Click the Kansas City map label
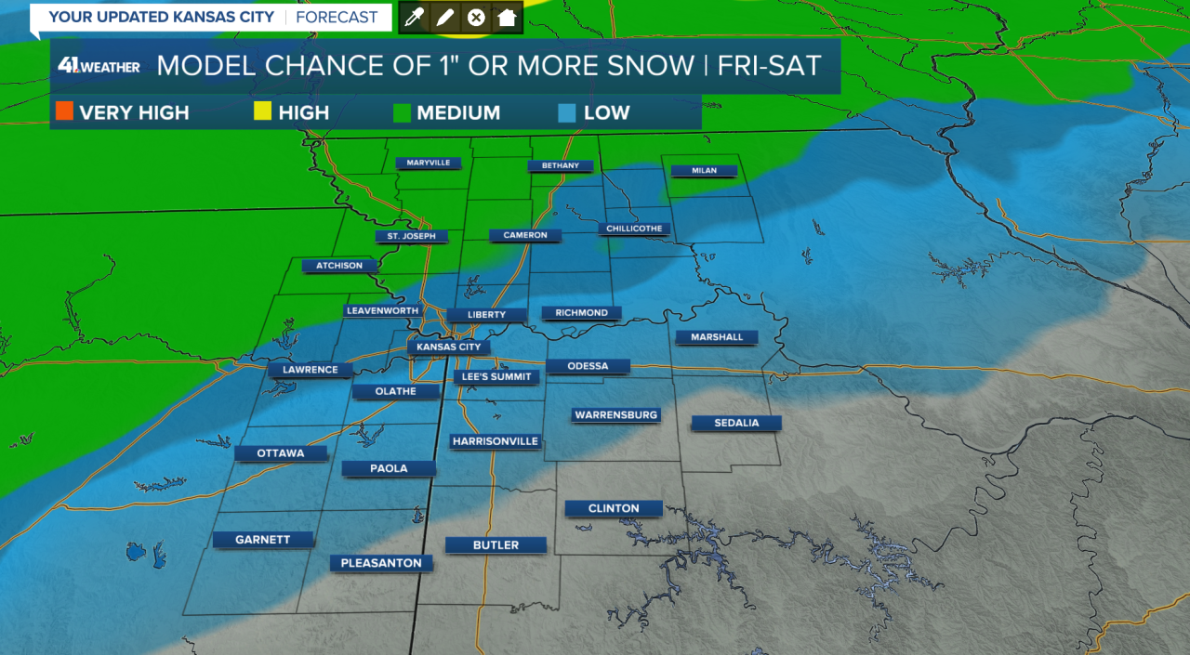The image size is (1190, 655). tap(448, 347)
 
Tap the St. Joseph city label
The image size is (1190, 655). tap(411, 237)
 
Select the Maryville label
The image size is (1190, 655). tap(428, 164)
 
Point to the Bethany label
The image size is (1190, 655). tap(560, 166)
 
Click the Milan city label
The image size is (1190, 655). tap(702, 171)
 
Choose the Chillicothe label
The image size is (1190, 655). tap(634, 229)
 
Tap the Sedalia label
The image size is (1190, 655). tap(736, 423)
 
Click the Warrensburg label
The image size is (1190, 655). tap(615, 415)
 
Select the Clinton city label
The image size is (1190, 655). tap(614, 508)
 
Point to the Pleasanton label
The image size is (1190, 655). tap(381, 563)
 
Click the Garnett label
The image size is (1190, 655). tap(263, 540)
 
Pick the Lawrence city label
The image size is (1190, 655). tap(311, 370)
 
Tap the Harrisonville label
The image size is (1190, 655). tap(496, 441)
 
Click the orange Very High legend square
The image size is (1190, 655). tap(64, 112)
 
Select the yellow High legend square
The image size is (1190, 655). tap(262, 112)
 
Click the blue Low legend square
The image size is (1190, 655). tap(566, 112)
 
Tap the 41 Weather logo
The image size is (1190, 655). tap(99, 66)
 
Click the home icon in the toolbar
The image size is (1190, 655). tap(507, 18)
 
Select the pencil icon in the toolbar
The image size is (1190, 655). tap(445, 18)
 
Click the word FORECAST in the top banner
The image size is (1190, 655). tap(337, 17)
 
